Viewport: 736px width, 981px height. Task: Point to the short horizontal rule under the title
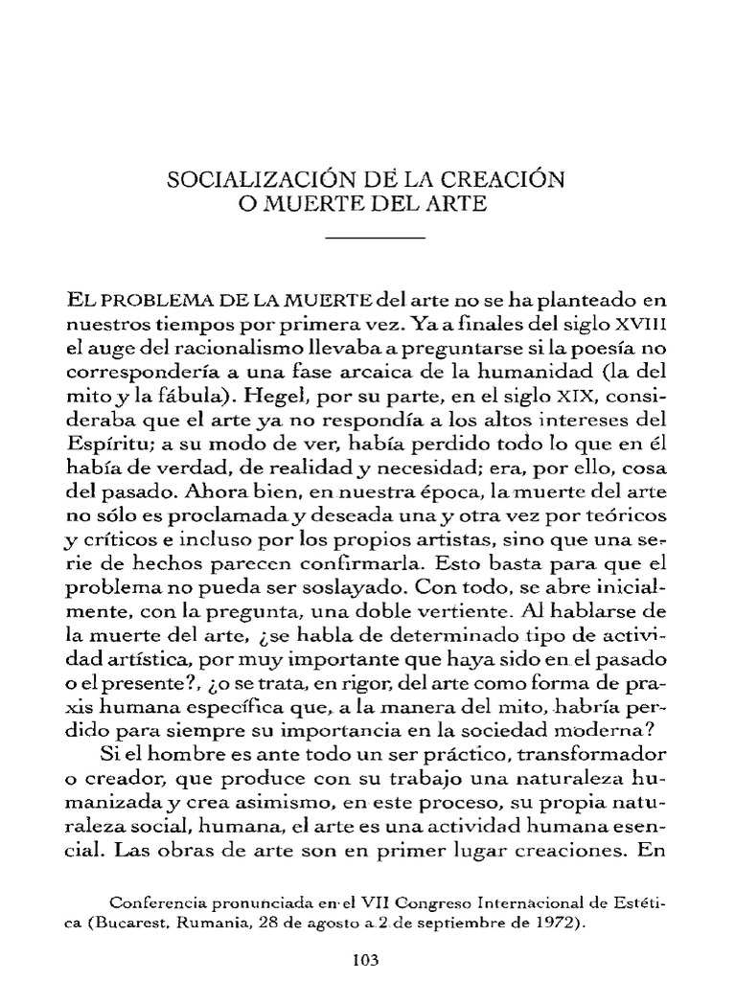(375, 237)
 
